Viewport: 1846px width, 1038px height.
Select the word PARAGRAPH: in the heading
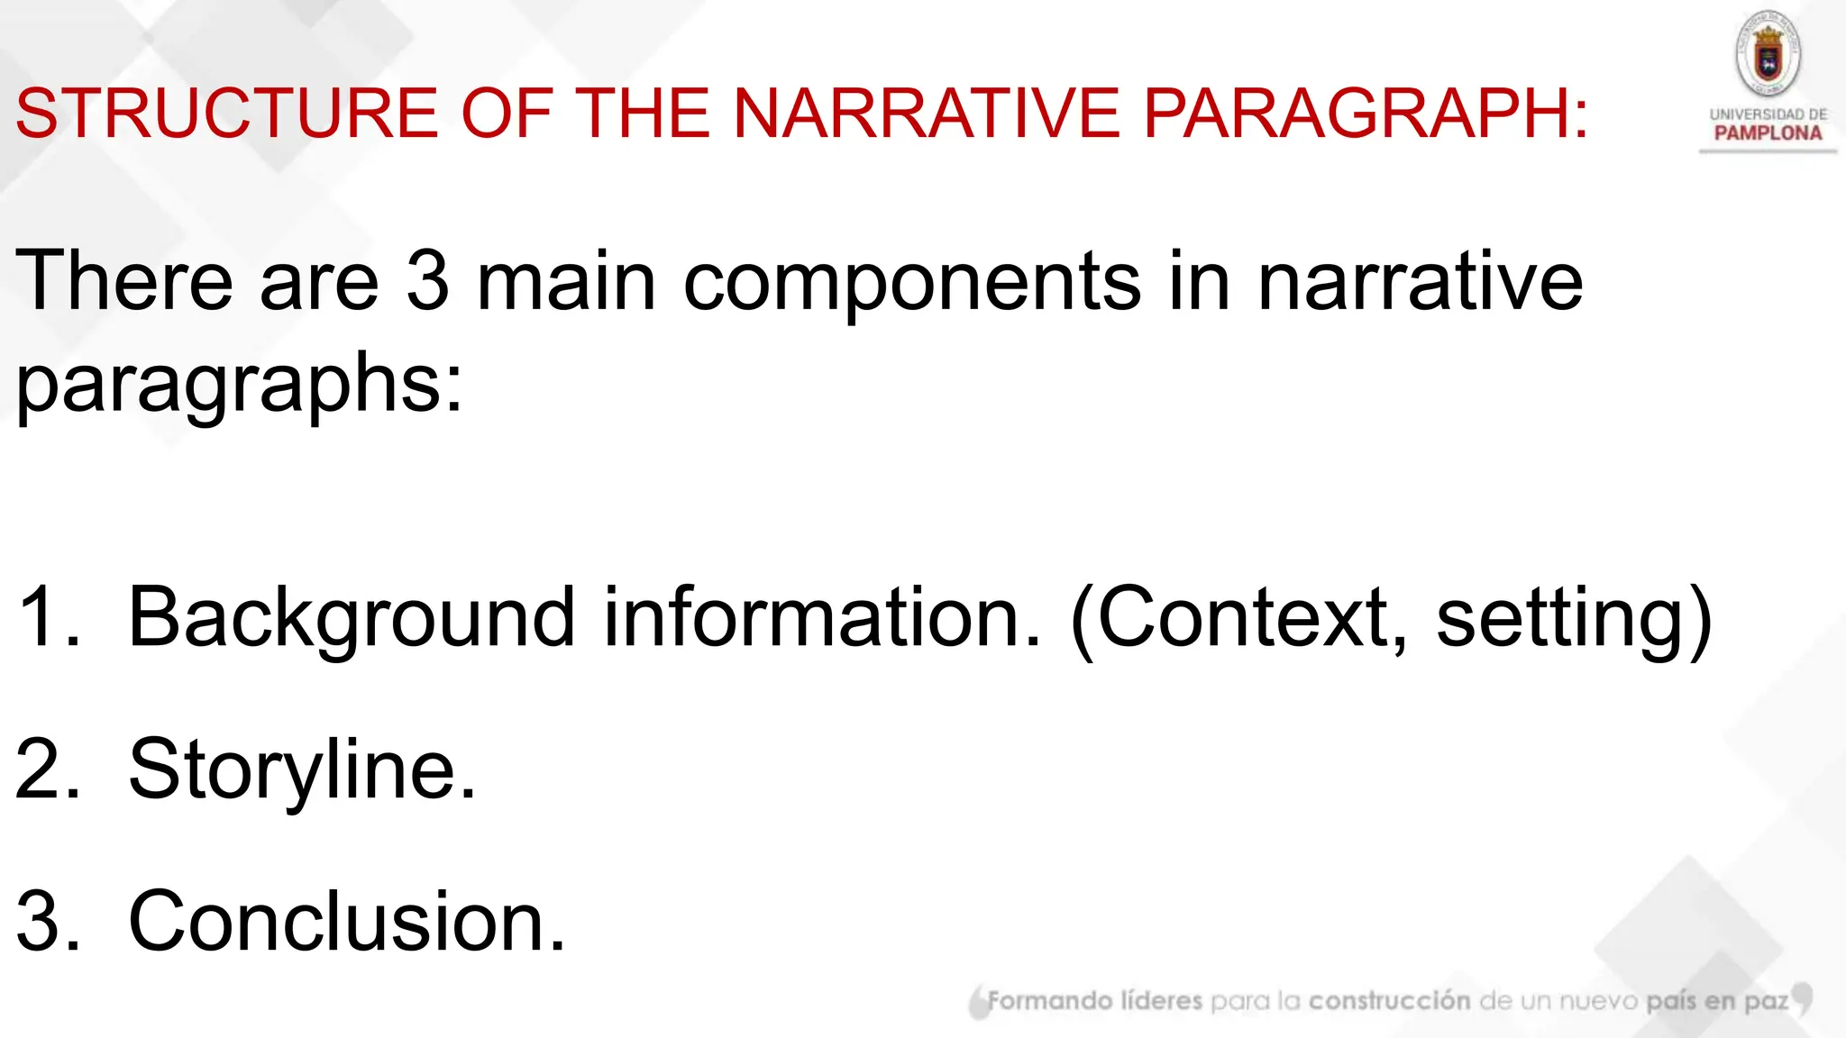coord(1366,114)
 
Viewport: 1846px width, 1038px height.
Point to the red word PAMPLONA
coord(1768,133)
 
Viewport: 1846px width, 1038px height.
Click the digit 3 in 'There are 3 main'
coord(427,281)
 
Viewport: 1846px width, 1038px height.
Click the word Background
coord(352,620)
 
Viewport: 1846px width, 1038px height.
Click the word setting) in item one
coord(1574,620)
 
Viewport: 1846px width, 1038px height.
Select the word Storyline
coord(302,771)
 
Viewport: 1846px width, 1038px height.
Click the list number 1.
coord(45,618)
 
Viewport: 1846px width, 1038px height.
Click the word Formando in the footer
coord(1050,1001)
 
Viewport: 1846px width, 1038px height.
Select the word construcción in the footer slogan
coord(1389,1001)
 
